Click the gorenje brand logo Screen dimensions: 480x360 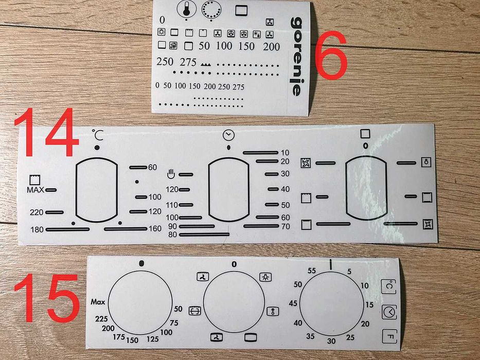click(x=296, y=57)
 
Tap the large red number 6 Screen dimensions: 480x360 click(x=331, y=55)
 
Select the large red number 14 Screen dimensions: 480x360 click(x=46, y=132)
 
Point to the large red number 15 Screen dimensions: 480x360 click(x=46, y=298)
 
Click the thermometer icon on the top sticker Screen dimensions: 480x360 click(x=186, y=9)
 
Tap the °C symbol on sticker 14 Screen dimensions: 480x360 click(x=98, y=135)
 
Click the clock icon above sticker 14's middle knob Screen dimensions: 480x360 click(x=228, y=135)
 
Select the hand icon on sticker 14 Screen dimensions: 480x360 click(x=171, y=174)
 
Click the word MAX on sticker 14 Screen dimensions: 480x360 click(x=35, y=190)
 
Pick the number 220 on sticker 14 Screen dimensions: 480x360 click(x=37, y=212)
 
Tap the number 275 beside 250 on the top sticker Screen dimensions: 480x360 click(x=188, y=62)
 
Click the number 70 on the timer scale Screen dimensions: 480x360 click(x=286, y=226)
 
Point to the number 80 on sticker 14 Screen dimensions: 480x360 click(x=173, y=235)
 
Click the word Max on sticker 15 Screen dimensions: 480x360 click(x=98, y=302)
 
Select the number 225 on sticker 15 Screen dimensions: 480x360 click(x=101, y=319)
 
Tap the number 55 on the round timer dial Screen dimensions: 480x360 click(x=312, y=271)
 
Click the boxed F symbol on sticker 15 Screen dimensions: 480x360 click(x=389, y=336)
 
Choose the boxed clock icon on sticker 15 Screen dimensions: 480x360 click(x=389, y=312)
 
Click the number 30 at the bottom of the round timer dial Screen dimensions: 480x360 click(x=331, y=341)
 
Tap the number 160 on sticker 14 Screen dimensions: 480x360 click(x=155, y=229)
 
